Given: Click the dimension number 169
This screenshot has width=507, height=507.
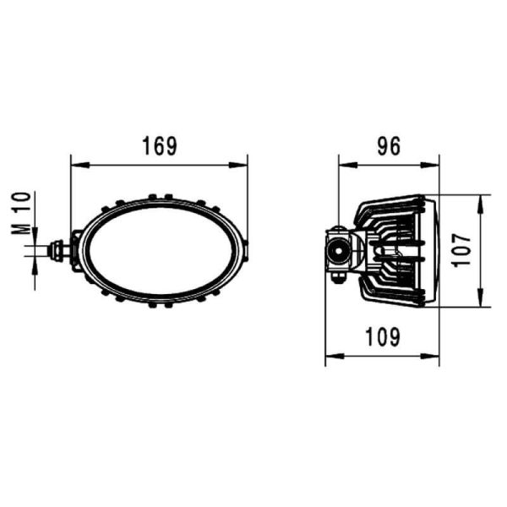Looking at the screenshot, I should [x=159, y=146].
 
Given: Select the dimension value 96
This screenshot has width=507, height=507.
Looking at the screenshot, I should [x=388, y=146].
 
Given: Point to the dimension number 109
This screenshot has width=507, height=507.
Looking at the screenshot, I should [x=383, y=338].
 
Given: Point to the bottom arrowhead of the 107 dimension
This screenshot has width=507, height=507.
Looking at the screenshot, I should [x=480, y=302].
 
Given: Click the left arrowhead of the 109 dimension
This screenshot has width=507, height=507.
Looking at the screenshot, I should [x=330, y=356].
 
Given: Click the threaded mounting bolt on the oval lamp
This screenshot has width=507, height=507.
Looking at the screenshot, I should [x=60, y=251].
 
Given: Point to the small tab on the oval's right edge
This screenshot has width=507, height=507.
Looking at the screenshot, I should [x=247, y=251].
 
